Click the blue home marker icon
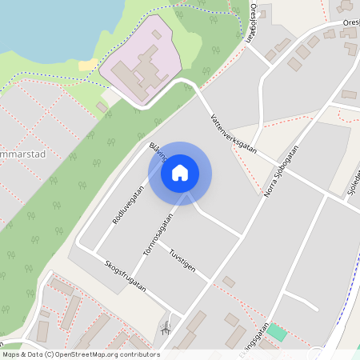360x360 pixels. coord(180,173)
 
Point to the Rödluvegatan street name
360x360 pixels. coord(127,205)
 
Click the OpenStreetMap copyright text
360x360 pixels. coord(80,354)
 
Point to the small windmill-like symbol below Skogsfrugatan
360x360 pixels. coord(166,327)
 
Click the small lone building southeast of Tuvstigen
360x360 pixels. coord(229,282)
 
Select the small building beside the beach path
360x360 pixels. coord(102,106)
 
